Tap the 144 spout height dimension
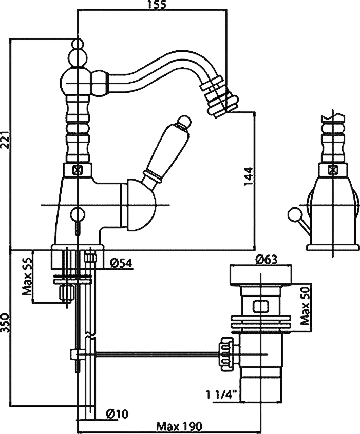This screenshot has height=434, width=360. coord(249,176)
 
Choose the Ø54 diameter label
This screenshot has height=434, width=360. coord(122,263)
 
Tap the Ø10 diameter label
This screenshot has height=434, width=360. coord(118,414)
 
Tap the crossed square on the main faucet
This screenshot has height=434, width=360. coord(77,169)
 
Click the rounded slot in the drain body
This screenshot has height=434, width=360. coord(260,306)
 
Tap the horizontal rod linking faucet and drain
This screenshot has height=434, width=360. coord(154,353)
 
